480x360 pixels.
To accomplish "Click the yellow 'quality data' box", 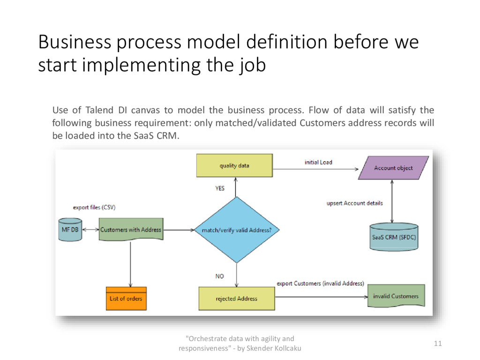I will [x=234, y=166].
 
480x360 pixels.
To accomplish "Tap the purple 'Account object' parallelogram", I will [x=393, y=168].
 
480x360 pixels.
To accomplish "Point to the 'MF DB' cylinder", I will [x=70, y=230].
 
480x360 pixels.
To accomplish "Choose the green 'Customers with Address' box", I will [x=131, y=230].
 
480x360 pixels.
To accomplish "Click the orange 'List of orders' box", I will [x=126, y=299].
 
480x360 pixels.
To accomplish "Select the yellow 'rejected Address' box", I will [x=236, y=299].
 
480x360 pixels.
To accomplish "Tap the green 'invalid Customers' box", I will [x=396, y=296].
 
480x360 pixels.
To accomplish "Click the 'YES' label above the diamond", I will [x=220, y=188].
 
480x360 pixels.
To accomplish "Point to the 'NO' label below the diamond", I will [x=219, y=277].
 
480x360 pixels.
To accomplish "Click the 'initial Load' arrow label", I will [x=318, y=162].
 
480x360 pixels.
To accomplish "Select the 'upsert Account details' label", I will [x=354, y=203].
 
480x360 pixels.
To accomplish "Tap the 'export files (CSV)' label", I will [x=94, y=207].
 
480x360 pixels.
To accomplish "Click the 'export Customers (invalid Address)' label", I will [x=320, y=284].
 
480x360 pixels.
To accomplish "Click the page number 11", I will [x=437, y=344].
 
